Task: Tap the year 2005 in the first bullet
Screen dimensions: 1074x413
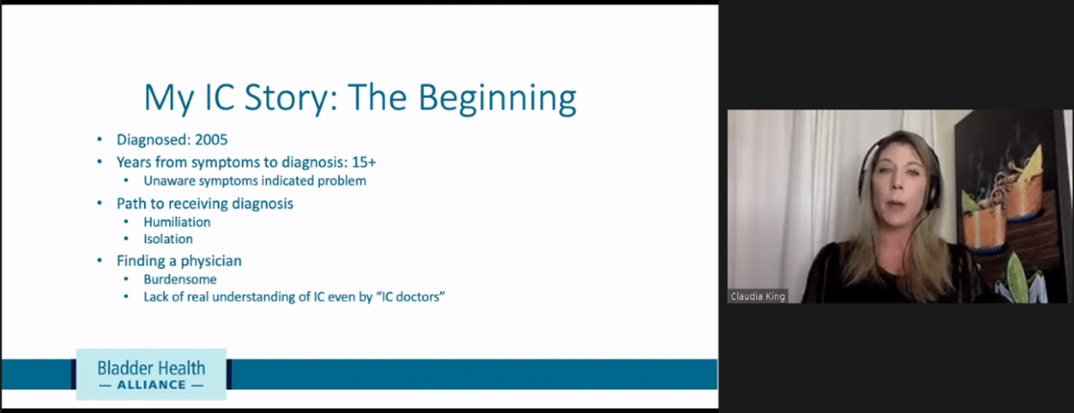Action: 211,140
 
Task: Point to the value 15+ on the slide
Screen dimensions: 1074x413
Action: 364,162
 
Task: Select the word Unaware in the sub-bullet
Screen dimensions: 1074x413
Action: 170,181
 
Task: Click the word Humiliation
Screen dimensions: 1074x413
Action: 177,222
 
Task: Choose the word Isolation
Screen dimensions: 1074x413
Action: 168,239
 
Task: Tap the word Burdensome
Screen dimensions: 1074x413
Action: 180,279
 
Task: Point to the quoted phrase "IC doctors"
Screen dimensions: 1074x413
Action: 410,297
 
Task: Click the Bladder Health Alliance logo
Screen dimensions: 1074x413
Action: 151,374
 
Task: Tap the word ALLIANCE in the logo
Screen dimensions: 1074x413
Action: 152,385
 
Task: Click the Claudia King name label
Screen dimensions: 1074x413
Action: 758,296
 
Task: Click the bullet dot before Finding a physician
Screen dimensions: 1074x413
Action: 100,261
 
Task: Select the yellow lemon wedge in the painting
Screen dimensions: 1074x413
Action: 1032,166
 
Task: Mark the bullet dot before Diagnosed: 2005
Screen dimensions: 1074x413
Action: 100,140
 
